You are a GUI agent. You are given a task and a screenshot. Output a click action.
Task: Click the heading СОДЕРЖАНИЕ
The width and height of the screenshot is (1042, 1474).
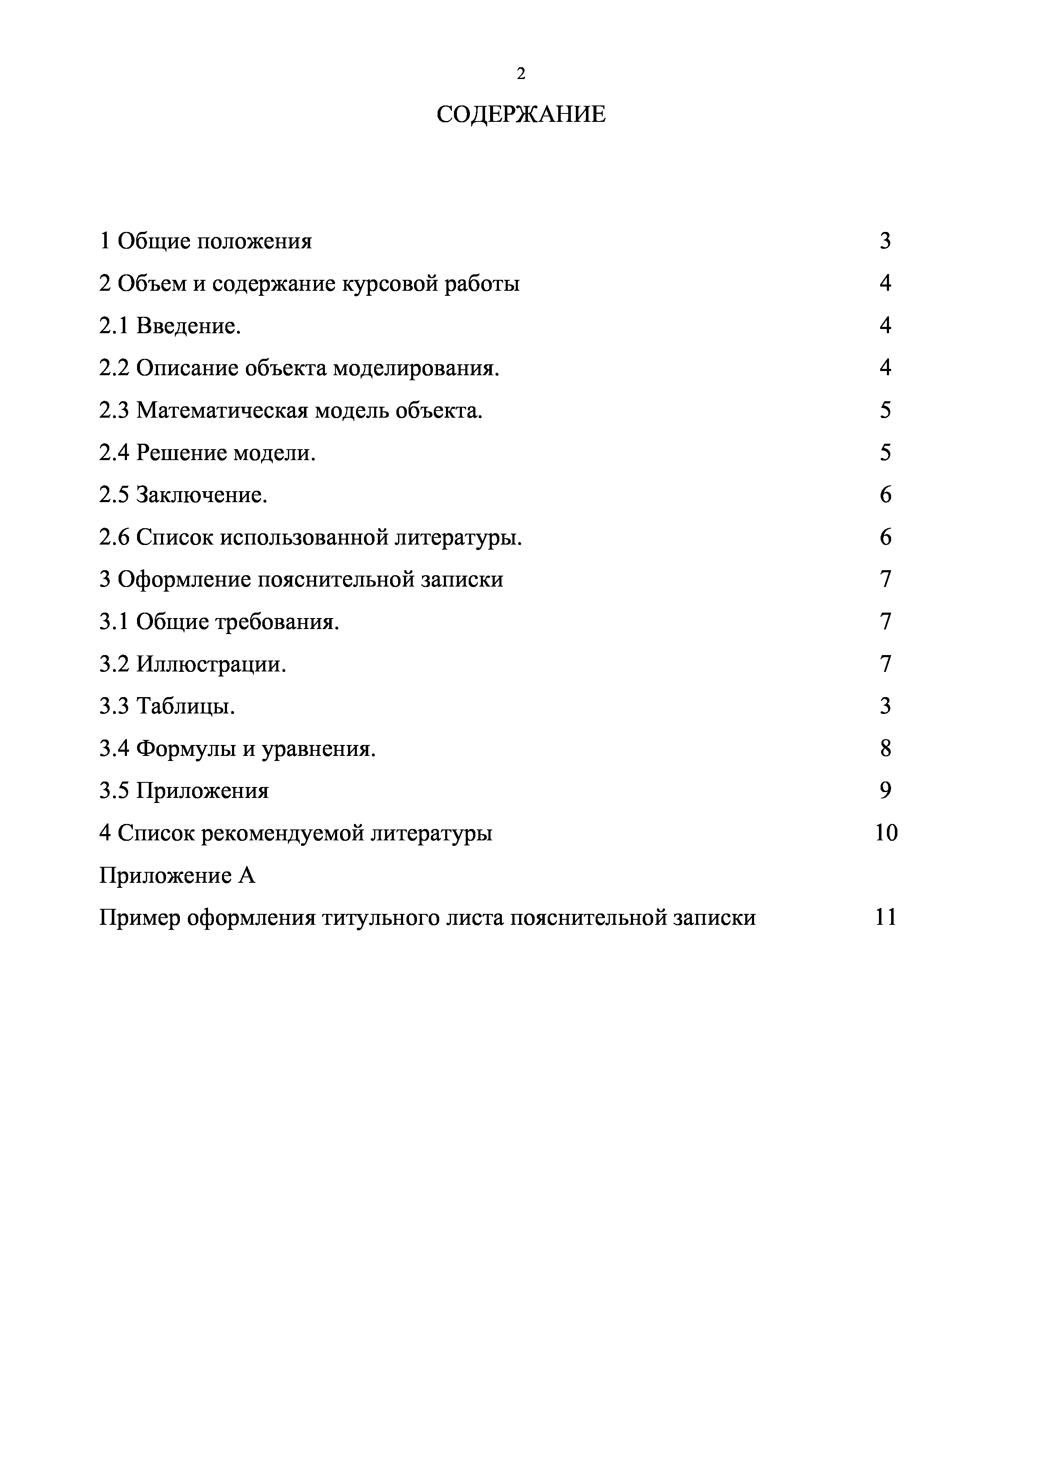(x=521, y=115)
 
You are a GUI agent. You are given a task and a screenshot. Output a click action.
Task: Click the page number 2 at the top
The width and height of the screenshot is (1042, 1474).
(x=521, y=74)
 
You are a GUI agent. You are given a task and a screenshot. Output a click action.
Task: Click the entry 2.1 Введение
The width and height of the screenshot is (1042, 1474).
(x=170, y=326)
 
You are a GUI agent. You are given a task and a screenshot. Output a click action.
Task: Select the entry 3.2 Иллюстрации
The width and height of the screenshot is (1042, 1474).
(x=193, y=664)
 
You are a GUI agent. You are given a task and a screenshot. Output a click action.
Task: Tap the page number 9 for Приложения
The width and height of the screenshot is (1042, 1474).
(x=885, y=791)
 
